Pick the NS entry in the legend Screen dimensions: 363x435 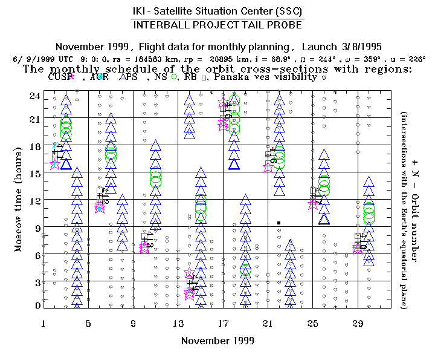click(162, 77)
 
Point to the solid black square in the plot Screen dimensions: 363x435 click(279, 223)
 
